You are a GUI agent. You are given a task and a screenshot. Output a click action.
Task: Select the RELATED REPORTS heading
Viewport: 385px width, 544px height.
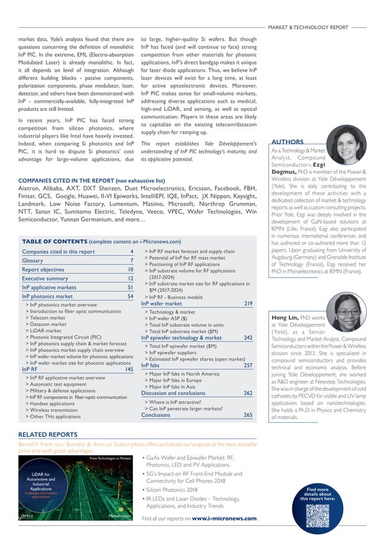click(x=48, y=434)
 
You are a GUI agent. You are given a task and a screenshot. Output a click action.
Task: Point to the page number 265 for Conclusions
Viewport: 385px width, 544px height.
click(x=247, y=415)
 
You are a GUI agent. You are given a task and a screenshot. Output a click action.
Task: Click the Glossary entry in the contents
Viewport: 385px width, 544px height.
click(x=33, y=260)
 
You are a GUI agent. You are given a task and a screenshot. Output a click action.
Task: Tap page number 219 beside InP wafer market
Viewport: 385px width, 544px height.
click(x=247, y=304)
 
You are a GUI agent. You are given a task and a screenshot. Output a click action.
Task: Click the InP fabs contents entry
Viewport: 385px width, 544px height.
click(x=150, y=365)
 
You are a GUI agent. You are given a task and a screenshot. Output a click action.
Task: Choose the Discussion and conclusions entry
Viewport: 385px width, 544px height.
click(x=173, y=393)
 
